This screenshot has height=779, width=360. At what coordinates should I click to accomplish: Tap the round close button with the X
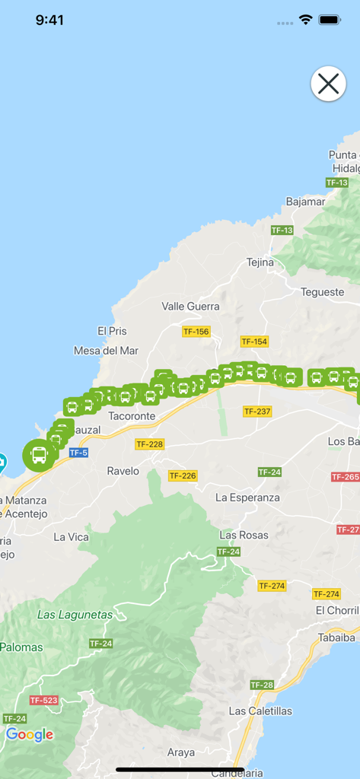tap(328, 84)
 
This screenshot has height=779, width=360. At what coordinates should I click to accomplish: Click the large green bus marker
tap(39, 455)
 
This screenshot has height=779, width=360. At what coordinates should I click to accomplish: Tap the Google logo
tap(30, 734)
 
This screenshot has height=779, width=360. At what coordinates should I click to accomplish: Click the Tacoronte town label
tap(132, 416)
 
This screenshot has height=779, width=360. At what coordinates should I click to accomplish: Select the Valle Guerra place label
tap(190, 307)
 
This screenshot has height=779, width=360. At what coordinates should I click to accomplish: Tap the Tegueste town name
tap(322, 292)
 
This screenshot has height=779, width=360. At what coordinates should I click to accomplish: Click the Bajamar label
tap(304, 202)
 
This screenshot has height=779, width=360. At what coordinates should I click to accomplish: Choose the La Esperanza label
tap(247, 498)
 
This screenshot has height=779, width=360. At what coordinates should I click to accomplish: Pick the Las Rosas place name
tap(244, 535)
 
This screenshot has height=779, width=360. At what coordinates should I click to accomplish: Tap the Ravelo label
tap(123, 471)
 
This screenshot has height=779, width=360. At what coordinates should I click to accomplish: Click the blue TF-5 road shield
tap(78, 453)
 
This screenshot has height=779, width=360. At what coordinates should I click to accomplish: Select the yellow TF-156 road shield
tap(196, 332)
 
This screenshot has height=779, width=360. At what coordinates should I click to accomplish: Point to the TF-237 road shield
tap(256, 411)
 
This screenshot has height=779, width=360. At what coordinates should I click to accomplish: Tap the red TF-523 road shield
tap(43, 700)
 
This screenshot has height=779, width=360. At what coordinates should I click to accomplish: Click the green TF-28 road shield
tap(261, 685)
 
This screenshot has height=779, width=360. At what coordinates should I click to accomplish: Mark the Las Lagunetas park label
tap(75, 615)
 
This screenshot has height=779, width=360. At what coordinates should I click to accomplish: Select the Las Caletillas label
tap(260, 711)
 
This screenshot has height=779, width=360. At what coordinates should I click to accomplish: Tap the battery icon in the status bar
tap(329, 20)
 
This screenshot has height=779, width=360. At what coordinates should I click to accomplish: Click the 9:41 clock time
tap(49, 20)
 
